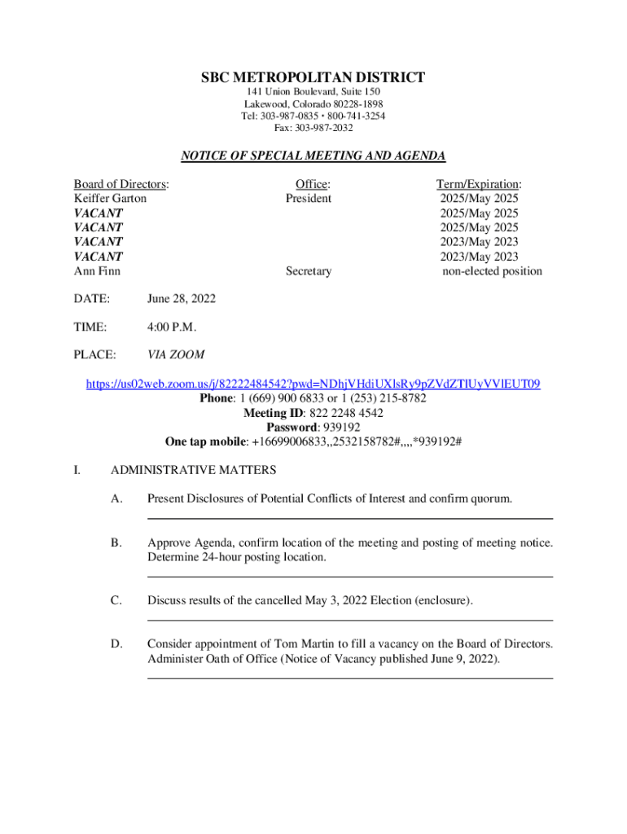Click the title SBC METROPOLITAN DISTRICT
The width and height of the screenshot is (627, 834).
[313, 78]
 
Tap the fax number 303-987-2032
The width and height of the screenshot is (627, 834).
[326, 128]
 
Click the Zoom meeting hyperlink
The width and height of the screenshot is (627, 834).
[313, 384]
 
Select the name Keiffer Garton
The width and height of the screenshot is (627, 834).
[111, 198]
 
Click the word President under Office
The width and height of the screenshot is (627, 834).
[309, 198]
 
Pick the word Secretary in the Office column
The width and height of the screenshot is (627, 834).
[309, 271]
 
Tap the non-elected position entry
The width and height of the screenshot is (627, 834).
[492, 271]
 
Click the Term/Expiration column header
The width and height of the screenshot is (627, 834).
[480, 183]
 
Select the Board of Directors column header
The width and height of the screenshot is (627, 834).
[122, 183]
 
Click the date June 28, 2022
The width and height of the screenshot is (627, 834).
[182, 299]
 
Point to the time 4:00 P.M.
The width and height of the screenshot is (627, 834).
[172, 327]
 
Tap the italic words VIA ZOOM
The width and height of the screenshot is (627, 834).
[176, 355]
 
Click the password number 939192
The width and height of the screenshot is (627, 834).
[341, 428]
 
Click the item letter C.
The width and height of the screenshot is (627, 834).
[117, 601]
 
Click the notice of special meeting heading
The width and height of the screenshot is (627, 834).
[313, 156]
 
